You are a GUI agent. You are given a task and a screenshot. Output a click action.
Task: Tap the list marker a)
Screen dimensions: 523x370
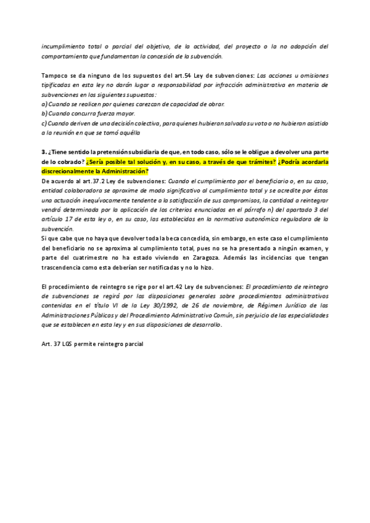pyautogui.click(x=44, y=104)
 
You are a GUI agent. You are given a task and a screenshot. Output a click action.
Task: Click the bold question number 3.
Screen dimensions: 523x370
pyautogui.click(x=44, y=151)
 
